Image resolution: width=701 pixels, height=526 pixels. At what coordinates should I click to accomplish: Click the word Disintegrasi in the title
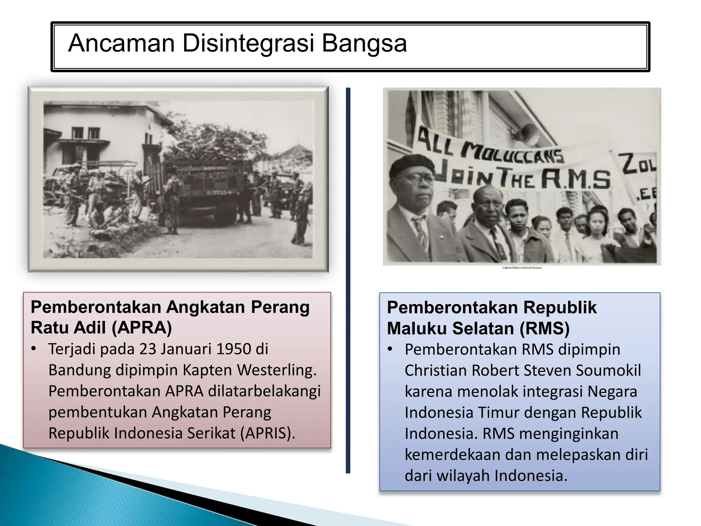248,43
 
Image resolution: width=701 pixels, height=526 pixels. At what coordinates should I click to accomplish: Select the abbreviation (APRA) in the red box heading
142,328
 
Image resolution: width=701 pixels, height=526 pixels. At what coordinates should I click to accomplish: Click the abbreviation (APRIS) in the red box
267,433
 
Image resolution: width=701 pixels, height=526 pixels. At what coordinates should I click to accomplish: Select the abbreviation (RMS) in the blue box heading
545,328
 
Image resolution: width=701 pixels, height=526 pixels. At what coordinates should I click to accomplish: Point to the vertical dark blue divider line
348,281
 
